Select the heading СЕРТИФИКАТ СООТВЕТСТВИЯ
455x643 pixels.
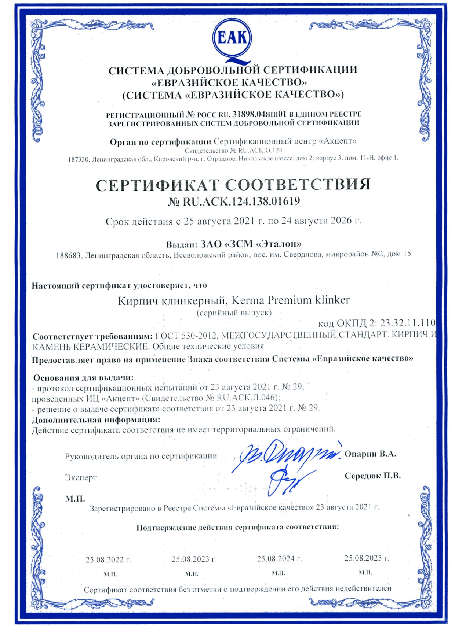tap(233, 184)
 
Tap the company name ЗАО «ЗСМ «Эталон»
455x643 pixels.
tap(251, 244)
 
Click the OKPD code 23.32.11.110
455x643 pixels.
tap(407, 323)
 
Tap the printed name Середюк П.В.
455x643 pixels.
tap(372, 476)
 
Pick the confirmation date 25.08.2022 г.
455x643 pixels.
tap(108, 560)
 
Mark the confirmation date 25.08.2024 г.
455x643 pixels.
tap(279, 559)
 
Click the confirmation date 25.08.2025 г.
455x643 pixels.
tap(367, 558)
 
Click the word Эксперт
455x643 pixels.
tap(81, 478)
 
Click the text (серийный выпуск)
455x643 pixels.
tap(234, 313)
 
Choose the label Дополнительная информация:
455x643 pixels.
tap(96, 420)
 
